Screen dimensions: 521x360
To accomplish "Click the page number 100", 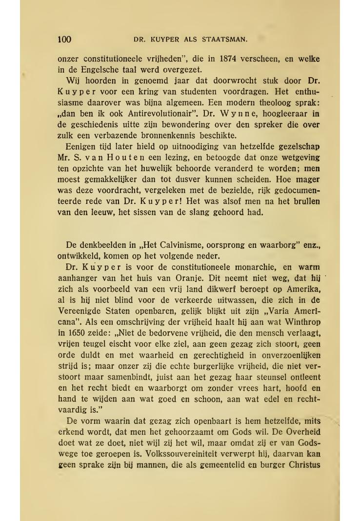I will click(64, 40).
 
